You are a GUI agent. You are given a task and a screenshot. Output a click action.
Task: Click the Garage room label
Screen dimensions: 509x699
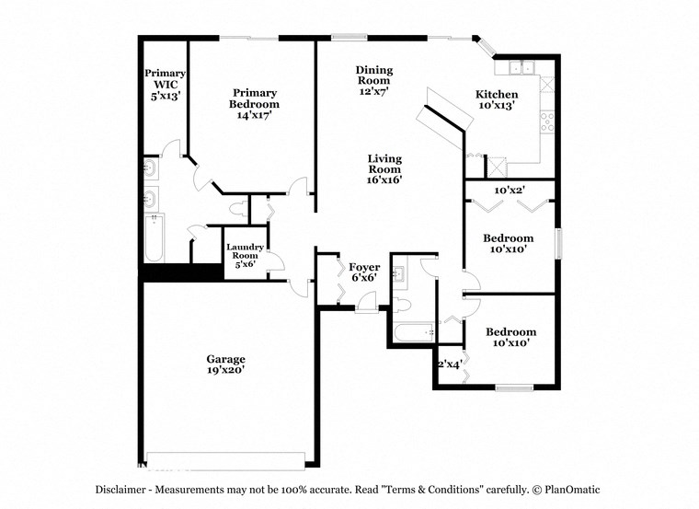[x=225, y=359]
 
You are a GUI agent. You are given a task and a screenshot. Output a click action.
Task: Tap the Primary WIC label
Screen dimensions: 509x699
[x=166, y=84]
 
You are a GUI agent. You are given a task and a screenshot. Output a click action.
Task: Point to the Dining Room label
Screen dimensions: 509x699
[x=373, y=75]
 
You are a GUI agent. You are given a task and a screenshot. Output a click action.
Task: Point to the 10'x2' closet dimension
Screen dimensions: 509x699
[x=510, y=191]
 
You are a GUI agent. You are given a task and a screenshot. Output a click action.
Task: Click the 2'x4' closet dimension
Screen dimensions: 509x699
[x=449, y=364]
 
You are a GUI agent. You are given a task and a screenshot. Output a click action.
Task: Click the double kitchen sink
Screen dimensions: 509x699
[x=521, y=67]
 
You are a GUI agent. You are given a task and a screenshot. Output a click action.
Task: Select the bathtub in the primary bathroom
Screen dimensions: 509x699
[x=154, y=237]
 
